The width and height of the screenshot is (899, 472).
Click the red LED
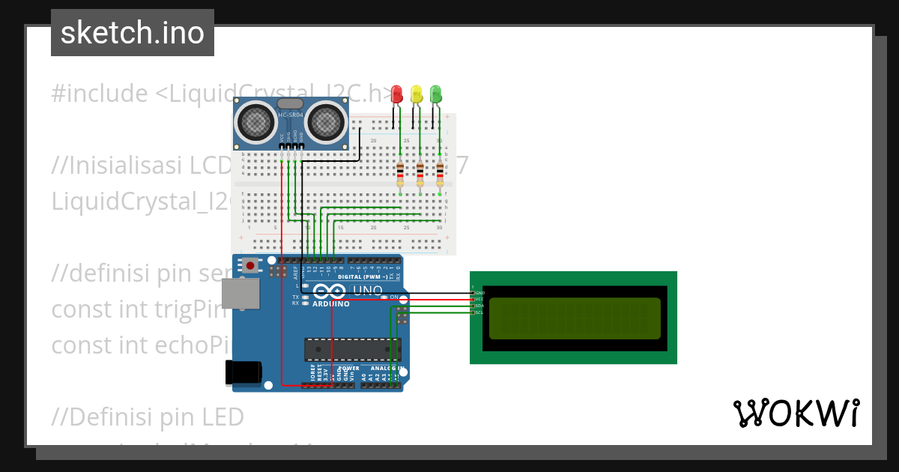(397, 94)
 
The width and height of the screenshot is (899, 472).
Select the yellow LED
(417, 94)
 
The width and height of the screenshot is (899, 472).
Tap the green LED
(436, 94)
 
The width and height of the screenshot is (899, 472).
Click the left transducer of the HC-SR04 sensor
(256, 121)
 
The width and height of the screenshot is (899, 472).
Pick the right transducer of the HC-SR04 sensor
(325, 121)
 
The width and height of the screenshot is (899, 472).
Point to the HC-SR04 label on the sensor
(291, 115)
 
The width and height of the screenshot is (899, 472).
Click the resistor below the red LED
(400, 174)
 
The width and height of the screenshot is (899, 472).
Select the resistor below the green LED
(440, 174)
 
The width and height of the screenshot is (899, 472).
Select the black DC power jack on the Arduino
(243, 373)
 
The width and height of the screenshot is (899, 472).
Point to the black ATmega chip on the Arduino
(351, 349)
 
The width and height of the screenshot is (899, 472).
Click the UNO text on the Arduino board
(367, 291)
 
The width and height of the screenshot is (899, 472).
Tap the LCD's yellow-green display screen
(574, 318)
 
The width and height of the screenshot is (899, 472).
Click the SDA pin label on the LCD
(479, 306)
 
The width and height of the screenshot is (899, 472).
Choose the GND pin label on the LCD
(479, 292)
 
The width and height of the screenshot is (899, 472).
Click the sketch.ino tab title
(133, 33)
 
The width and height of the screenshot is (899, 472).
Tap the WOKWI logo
(796, 413)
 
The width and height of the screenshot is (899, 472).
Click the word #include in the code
(100, 94)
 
